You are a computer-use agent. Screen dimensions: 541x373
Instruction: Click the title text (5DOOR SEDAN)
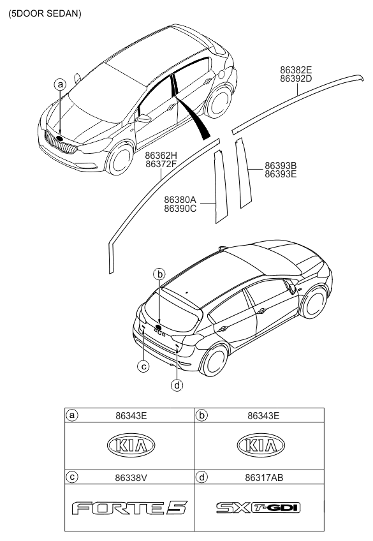click(x=45, y=13)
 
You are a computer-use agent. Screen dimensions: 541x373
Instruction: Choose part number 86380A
click(x=180, y=199)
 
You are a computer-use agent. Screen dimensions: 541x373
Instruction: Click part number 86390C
click(x=180, y=208)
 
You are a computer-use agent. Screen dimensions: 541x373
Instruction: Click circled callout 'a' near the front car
click(x=60, y=84)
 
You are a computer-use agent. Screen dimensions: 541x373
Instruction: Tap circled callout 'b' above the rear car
click(x=161, y=274)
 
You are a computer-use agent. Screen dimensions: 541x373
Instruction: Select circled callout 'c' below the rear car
click(x=144, y=366)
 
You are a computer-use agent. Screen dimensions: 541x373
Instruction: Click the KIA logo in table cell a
click(x=129, y=445)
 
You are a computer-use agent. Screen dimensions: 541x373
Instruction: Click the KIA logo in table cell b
click(x=259, y=445)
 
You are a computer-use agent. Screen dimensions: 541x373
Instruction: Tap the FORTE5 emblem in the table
click(x=129, y=508)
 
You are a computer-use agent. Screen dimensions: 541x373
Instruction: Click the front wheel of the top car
click(x=121, y=159)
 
